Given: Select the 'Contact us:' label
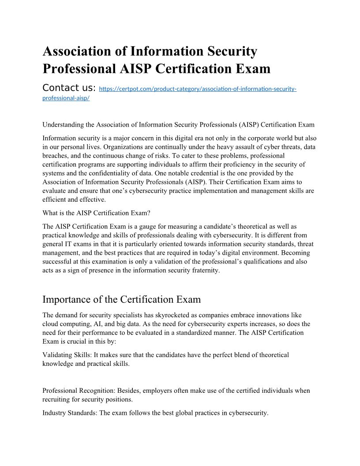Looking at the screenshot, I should pyautogui.click(x=69, y=88).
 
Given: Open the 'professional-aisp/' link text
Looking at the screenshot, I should pyautogui.click(x=66, y=98).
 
